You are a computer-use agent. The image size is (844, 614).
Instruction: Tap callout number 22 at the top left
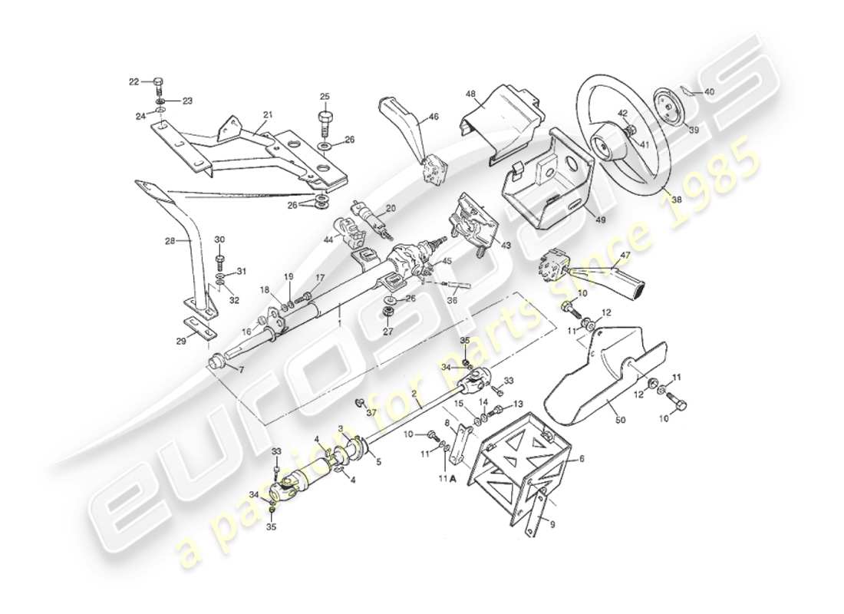pos(134,81)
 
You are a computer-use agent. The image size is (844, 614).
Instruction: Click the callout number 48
pos(470,94)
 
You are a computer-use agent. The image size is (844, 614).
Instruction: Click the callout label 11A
pos(446,478)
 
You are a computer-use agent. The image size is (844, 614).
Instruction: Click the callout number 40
pos(708,92)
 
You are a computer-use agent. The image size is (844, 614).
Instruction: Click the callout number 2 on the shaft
pos(414,393)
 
